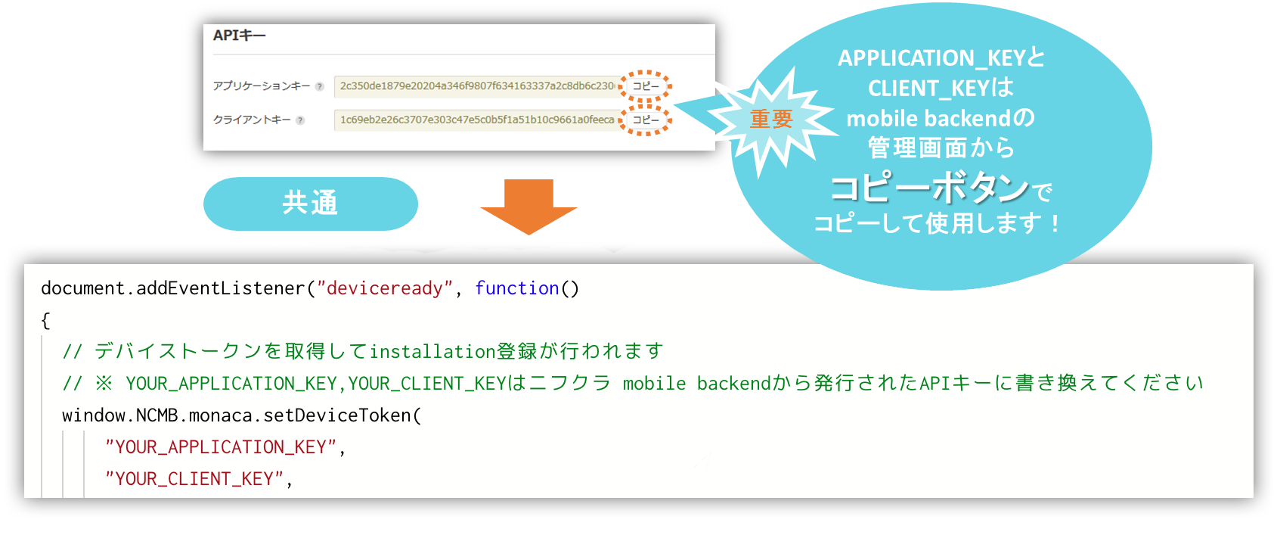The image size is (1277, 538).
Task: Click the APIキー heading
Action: click(239, 36)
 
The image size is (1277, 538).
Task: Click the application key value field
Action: click(476, 86)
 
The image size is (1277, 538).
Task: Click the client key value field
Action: click(476, 120)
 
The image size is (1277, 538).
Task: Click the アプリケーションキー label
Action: click(261, 86)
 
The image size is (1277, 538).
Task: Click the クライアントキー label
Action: click(252, 120)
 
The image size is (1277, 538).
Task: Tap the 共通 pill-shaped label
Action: click(310, 204)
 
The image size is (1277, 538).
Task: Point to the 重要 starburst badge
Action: click(771, 119)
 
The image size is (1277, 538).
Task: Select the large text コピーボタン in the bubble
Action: click(929, 188)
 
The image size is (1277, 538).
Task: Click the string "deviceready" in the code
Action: click(384, 288)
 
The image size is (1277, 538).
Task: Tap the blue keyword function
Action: click(516, 288)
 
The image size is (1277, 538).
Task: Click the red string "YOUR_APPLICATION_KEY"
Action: click(220, 447)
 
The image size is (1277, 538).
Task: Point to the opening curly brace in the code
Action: click(45, 320)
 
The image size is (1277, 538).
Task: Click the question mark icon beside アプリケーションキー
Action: click(320, 86)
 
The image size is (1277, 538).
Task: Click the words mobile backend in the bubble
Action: click(928, 119)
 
